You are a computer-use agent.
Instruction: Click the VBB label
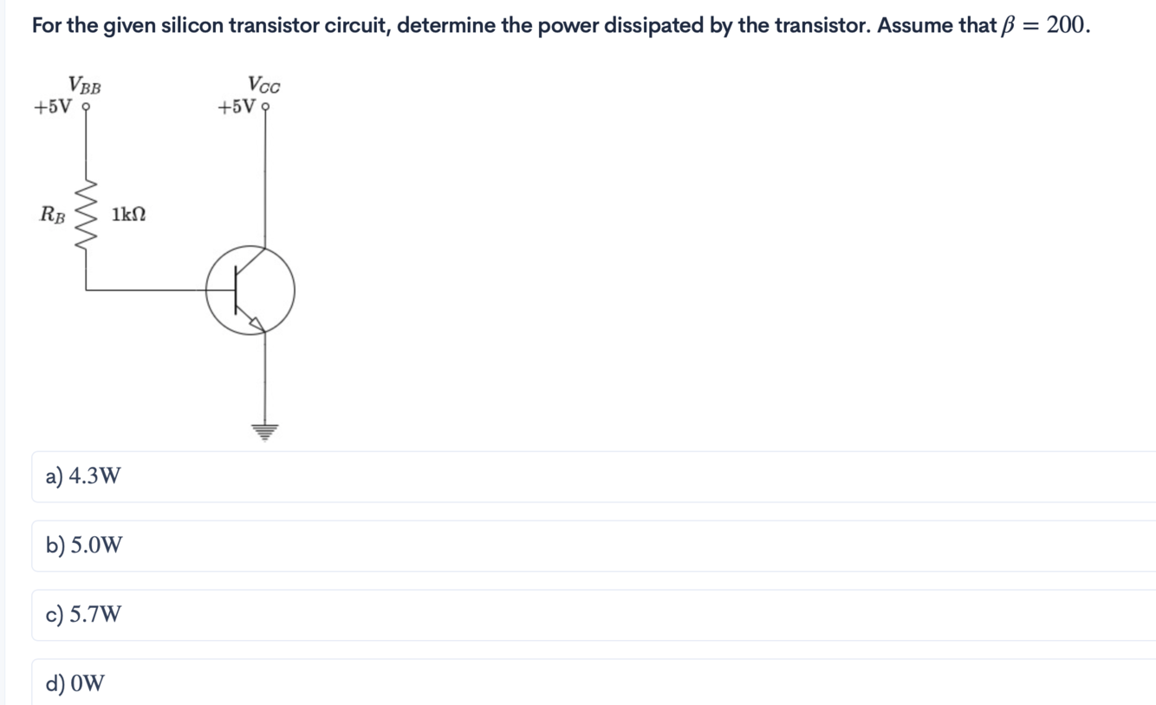(85, 86)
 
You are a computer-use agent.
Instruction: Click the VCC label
(263, 85)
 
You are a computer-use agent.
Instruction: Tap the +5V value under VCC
(237, 107)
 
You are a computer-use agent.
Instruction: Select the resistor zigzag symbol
(86, 216)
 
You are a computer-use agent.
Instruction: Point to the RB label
(53, 214)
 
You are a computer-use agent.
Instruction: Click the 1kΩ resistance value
(128, 214)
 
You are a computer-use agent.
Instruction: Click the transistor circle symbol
(250, 290)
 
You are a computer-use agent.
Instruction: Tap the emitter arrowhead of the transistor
(257, 324)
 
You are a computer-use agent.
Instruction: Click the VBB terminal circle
(85, 108)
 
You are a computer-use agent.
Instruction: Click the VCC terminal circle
(265, 108)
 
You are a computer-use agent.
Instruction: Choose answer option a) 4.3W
(83, 476)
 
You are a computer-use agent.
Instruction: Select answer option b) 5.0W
(84, 546)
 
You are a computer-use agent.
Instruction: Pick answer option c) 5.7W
(83, 615)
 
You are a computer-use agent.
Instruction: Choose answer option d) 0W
(75, 684)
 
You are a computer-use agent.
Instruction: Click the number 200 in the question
(1065, 24)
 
